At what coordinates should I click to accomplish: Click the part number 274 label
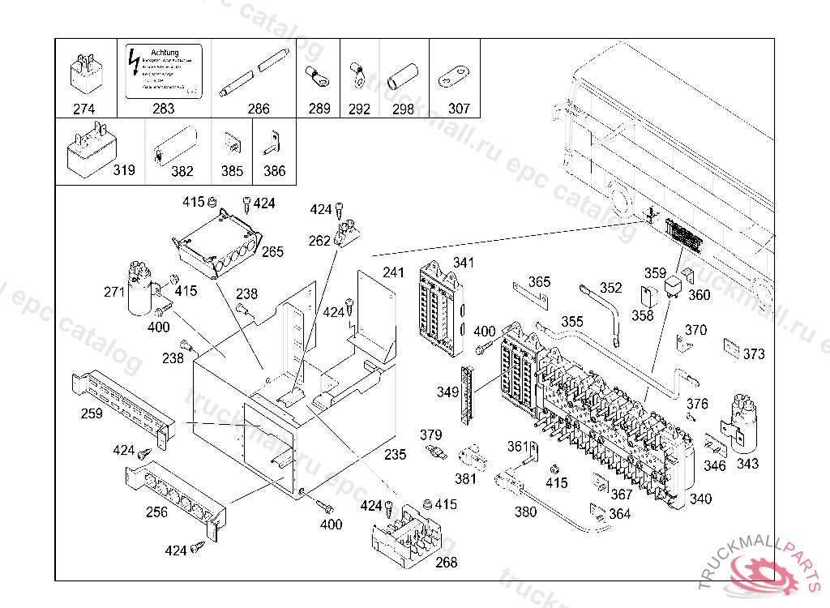[84, 109]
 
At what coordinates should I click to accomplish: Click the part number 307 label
[459, 109]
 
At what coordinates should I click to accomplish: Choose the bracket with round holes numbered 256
[174, 496]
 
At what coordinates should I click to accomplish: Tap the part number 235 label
[395, 455]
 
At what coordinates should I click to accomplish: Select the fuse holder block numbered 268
[406, 536]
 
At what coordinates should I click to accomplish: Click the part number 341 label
[464, 263]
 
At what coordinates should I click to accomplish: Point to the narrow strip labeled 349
[466, 395]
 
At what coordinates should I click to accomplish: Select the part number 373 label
[754, 354]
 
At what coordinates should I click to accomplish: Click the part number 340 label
[700, 499]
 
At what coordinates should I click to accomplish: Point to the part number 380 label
[525, 512]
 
